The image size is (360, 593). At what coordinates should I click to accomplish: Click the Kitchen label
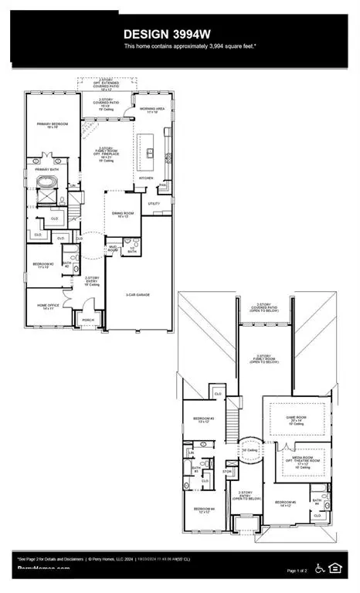coord(147,178)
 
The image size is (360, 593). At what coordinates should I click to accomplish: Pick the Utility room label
coord(154,204)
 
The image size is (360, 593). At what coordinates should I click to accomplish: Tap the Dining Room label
coord(122,215)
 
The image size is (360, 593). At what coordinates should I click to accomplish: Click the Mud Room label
coord(112,249)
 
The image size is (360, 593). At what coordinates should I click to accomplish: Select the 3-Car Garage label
coord(138,294)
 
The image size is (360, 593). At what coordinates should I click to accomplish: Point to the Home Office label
coord(49,305)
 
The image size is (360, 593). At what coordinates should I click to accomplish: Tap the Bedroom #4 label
coord(204,509)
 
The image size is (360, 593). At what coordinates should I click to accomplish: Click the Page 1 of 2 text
coord(297,570)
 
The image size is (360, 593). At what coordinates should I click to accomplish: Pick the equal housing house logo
coord(335,568)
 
